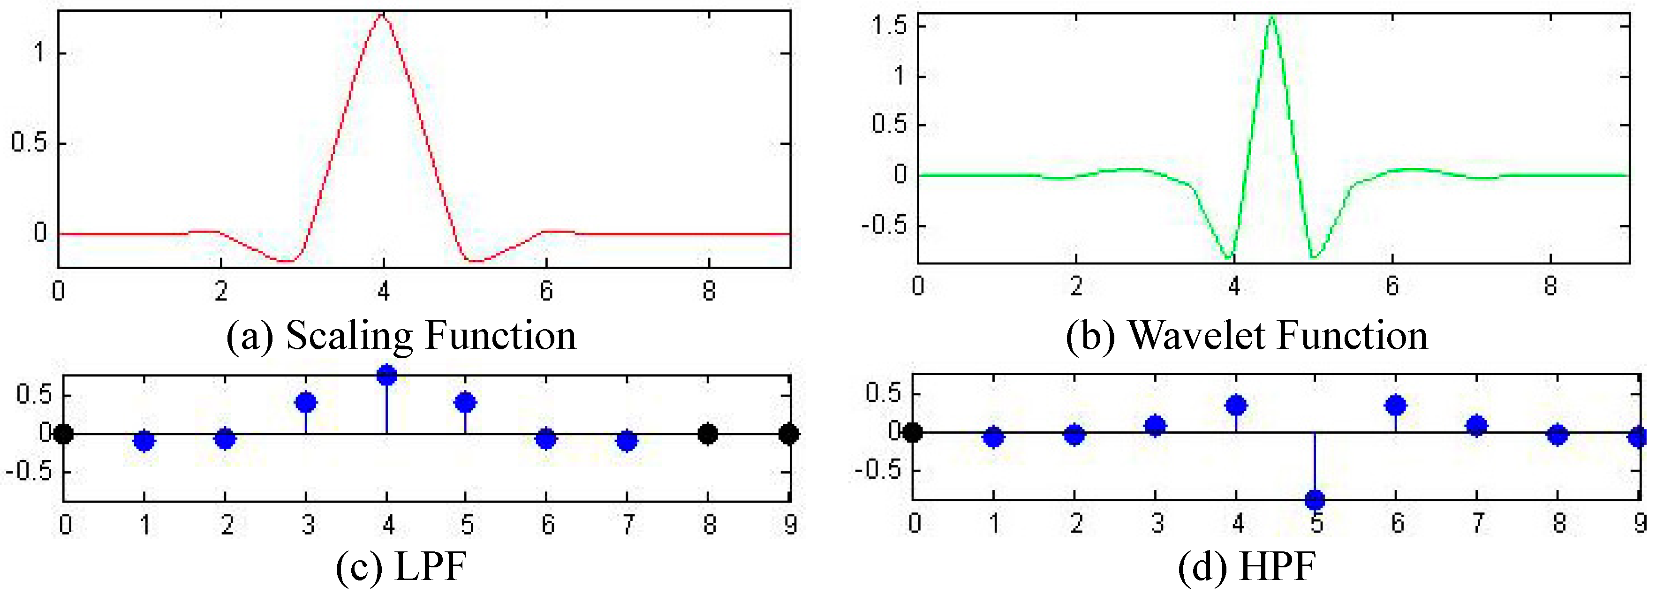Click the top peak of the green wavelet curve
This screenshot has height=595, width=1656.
(1272, 17)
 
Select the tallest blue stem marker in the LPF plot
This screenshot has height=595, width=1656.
(386, 375)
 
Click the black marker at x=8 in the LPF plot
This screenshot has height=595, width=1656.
(708, 434)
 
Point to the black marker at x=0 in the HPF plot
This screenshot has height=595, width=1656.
(912, 432)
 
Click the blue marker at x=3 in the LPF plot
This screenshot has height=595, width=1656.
(306, 403)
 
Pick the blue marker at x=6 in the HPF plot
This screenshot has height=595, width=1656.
(1396, 406)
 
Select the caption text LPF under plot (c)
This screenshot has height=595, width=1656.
(430, 567)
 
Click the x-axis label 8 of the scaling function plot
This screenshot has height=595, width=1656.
(709, 292)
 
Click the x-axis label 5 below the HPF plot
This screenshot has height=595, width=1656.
(1316, 524)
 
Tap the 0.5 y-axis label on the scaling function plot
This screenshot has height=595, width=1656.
(30, 143)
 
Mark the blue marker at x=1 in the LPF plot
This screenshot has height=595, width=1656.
(144, 441)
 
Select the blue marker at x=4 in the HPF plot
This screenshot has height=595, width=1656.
(1236, 406)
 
